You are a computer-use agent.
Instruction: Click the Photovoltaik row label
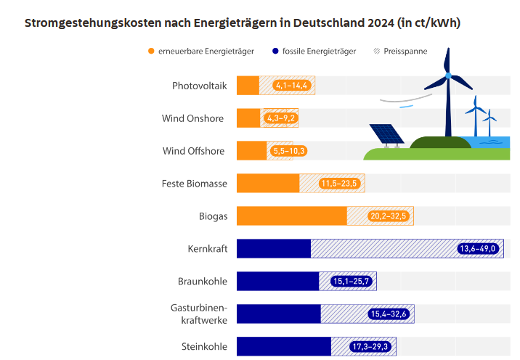click(x=199, y=86)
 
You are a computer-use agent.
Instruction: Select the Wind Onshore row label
click(x=192, y=118)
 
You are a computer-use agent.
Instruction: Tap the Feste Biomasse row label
click(x=194, y=184)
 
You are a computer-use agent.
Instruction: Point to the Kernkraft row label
click(x=207, y=249)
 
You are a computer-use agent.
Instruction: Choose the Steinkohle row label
click(x=204, y=347)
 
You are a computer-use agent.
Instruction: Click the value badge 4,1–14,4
click(x=292, y=86)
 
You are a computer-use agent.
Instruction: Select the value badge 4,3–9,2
click(x=281, y=118)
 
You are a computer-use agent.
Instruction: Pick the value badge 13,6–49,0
click(x=478, y=249)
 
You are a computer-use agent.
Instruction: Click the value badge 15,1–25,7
click(x=351, y=282)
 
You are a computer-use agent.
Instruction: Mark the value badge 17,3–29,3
click(x=371, y=347)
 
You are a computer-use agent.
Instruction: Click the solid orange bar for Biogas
click(x=291, y=216)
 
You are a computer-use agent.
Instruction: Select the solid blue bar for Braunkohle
click(x=277, y=282)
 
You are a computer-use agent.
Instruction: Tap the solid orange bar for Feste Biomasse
click(x=268, y=184)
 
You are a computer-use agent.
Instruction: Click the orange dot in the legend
click(x=151, y=51)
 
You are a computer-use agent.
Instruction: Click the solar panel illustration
click(x=386, y=134)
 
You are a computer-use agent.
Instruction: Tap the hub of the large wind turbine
click(x=448, y=75)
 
